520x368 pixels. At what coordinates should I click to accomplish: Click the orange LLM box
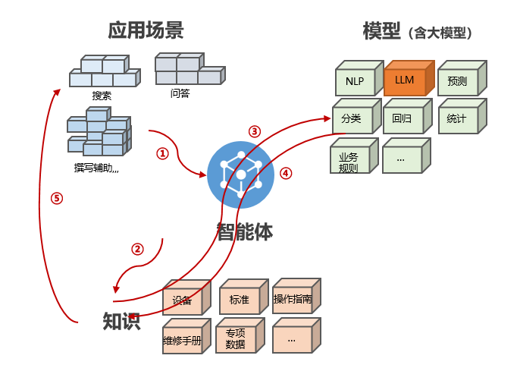click(x=405, y=80)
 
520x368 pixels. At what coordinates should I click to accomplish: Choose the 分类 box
click(x=351, y=119)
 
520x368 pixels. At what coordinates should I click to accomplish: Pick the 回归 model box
click(x=403, y=119)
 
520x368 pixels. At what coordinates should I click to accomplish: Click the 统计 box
click(x=457, y=119)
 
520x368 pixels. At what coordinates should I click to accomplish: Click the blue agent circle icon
click(x=241, y=175)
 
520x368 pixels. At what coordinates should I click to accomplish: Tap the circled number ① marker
click(x=161, y=153)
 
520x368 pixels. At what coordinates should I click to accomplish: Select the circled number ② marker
click(x=137, y=249)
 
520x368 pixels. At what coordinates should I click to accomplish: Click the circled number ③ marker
click(x=255, y=131)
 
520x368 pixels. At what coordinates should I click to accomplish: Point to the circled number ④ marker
click(x=286, y=173)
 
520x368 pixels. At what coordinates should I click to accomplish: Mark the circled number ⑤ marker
click(x=57, y=199)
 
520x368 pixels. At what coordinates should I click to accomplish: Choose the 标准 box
click(x=239, y=300)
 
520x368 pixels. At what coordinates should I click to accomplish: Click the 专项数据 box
click(x=236, y=339)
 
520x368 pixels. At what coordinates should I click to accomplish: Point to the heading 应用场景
click(x=146, y=31)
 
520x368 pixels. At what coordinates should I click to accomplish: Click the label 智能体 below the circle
click(x=244, y=231)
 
